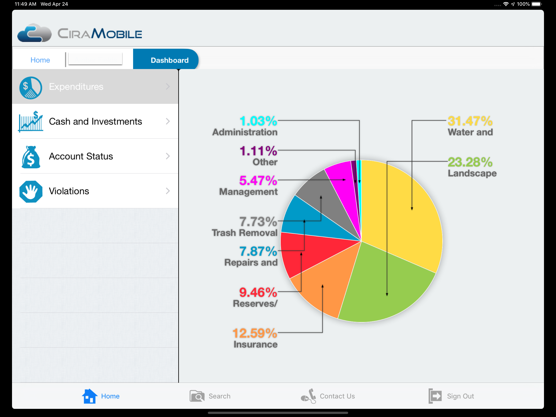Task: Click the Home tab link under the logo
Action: [x=40, y=60]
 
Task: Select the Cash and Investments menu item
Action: [x=95, y=122]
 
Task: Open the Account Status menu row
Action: [x=95, y=156]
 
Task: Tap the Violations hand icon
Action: [x=31, y=191]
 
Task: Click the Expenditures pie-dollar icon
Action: [x=31, y=88]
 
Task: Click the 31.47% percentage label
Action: [x=470, y=121]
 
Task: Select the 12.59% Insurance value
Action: [x=255, y=334]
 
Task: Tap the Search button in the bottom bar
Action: [x=210, y=396]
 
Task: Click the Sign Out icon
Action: [x=435, y=396]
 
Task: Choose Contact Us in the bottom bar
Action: [x=328, y=396]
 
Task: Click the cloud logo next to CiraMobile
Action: [x=34, y=33]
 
